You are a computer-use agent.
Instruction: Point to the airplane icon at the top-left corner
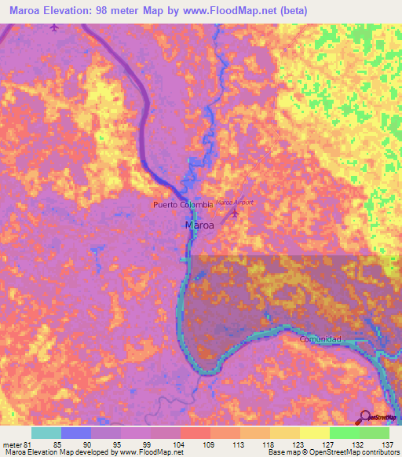(x=53, y=28)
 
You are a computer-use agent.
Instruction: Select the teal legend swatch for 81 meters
(x=46, y=433)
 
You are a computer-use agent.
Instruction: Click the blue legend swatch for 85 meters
(x=76, y=433)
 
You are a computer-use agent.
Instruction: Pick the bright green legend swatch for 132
(x=344, y=433)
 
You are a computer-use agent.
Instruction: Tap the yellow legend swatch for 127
(x=314, y=433)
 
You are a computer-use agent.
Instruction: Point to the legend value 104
(x=179, y=444)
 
